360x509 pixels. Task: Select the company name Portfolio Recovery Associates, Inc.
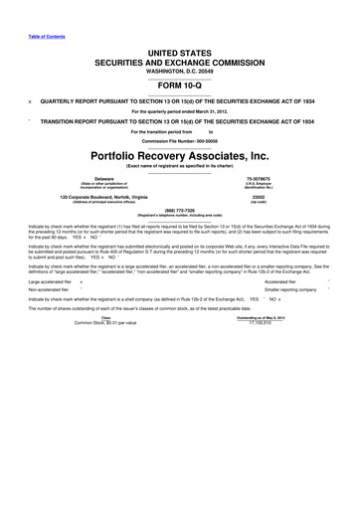click(179, 157)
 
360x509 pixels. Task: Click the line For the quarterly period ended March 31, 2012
click(179, 111)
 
